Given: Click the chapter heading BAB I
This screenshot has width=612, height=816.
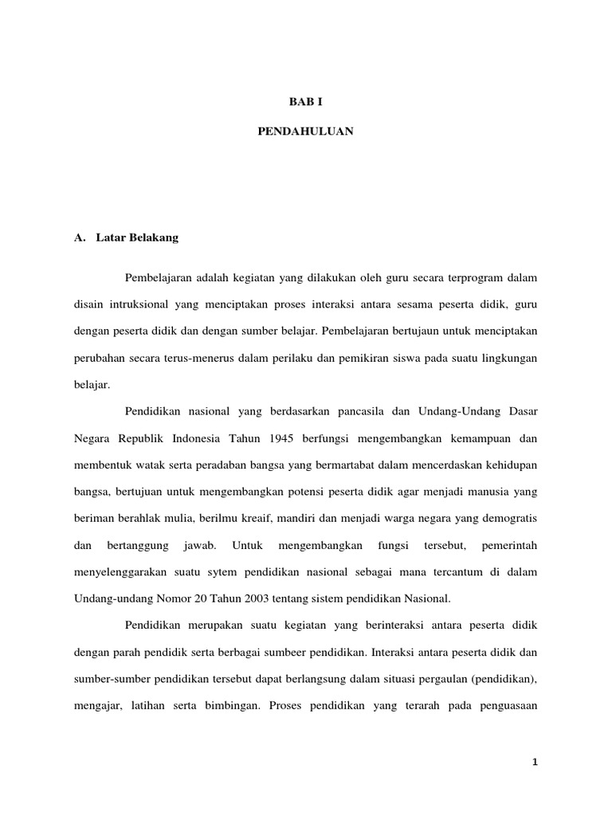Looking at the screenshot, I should [x=305, y=103].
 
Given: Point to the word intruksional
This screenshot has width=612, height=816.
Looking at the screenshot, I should [x=142, y=304].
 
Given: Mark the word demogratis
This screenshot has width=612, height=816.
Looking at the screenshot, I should [x=511, y=518].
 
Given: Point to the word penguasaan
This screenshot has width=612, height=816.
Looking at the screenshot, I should [x=504, y=705].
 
